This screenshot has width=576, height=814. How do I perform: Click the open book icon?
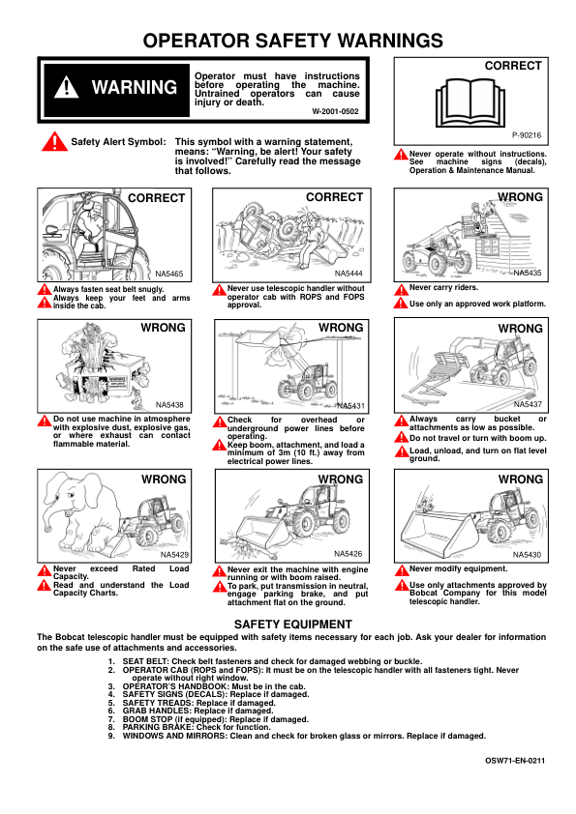pos(470,103)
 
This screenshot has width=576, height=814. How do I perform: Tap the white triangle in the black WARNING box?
pos(67,87)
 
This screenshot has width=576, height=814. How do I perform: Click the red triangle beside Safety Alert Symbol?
pos(54,142)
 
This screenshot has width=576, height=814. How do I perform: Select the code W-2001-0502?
pos(335,111)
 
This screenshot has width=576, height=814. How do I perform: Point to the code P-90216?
pos(527,135)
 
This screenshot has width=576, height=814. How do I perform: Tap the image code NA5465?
pos(169,274)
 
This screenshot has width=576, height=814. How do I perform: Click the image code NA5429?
pos(174,555)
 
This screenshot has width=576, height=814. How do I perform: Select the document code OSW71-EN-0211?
pos(515,761)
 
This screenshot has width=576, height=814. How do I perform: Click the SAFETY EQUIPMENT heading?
pos(293,625)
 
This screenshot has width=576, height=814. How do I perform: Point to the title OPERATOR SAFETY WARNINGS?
pos(293,41)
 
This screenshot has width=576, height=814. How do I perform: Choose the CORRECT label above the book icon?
pos(513,66)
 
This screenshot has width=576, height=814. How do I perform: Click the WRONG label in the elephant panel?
pos(164,480)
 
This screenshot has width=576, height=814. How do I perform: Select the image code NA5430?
pos(528,555)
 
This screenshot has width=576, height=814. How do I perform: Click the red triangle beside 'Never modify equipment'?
pos(402,570)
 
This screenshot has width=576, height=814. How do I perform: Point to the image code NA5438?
pos(169,405)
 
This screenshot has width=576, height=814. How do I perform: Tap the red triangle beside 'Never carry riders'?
pos(402,290)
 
